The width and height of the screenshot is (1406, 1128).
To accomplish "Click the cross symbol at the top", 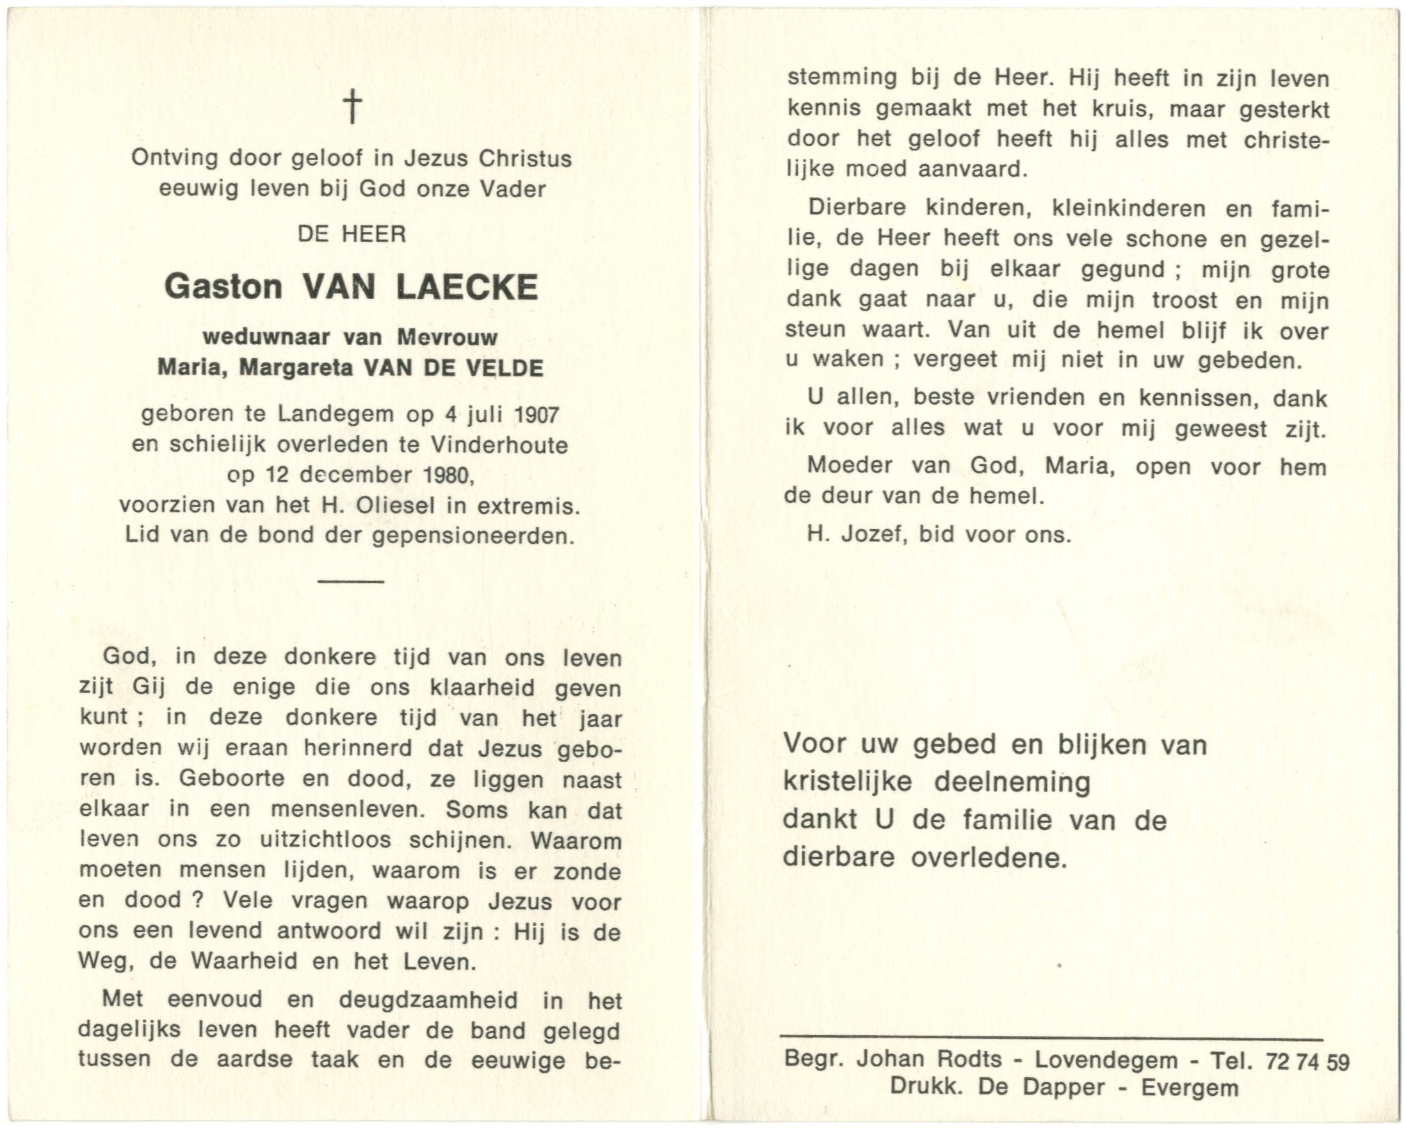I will pyautogui.click(x=352, y=106).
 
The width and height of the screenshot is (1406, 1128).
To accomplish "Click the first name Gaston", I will pyautogui.click(x=223, y=287).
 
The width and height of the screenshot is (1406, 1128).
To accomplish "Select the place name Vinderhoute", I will pyautogui.click(x=499, y=445).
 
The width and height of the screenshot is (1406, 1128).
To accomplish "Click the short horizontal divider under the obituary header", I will pyautogui.click(x=351, y=580).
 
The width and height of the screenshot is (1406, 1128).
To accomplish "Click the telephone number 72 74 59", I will pyautogui.click(x=1307, y=1062).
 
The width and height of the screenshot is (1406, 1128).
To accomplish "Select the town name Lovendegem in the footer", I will pyautogui.click(x=1106, y=1060).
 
